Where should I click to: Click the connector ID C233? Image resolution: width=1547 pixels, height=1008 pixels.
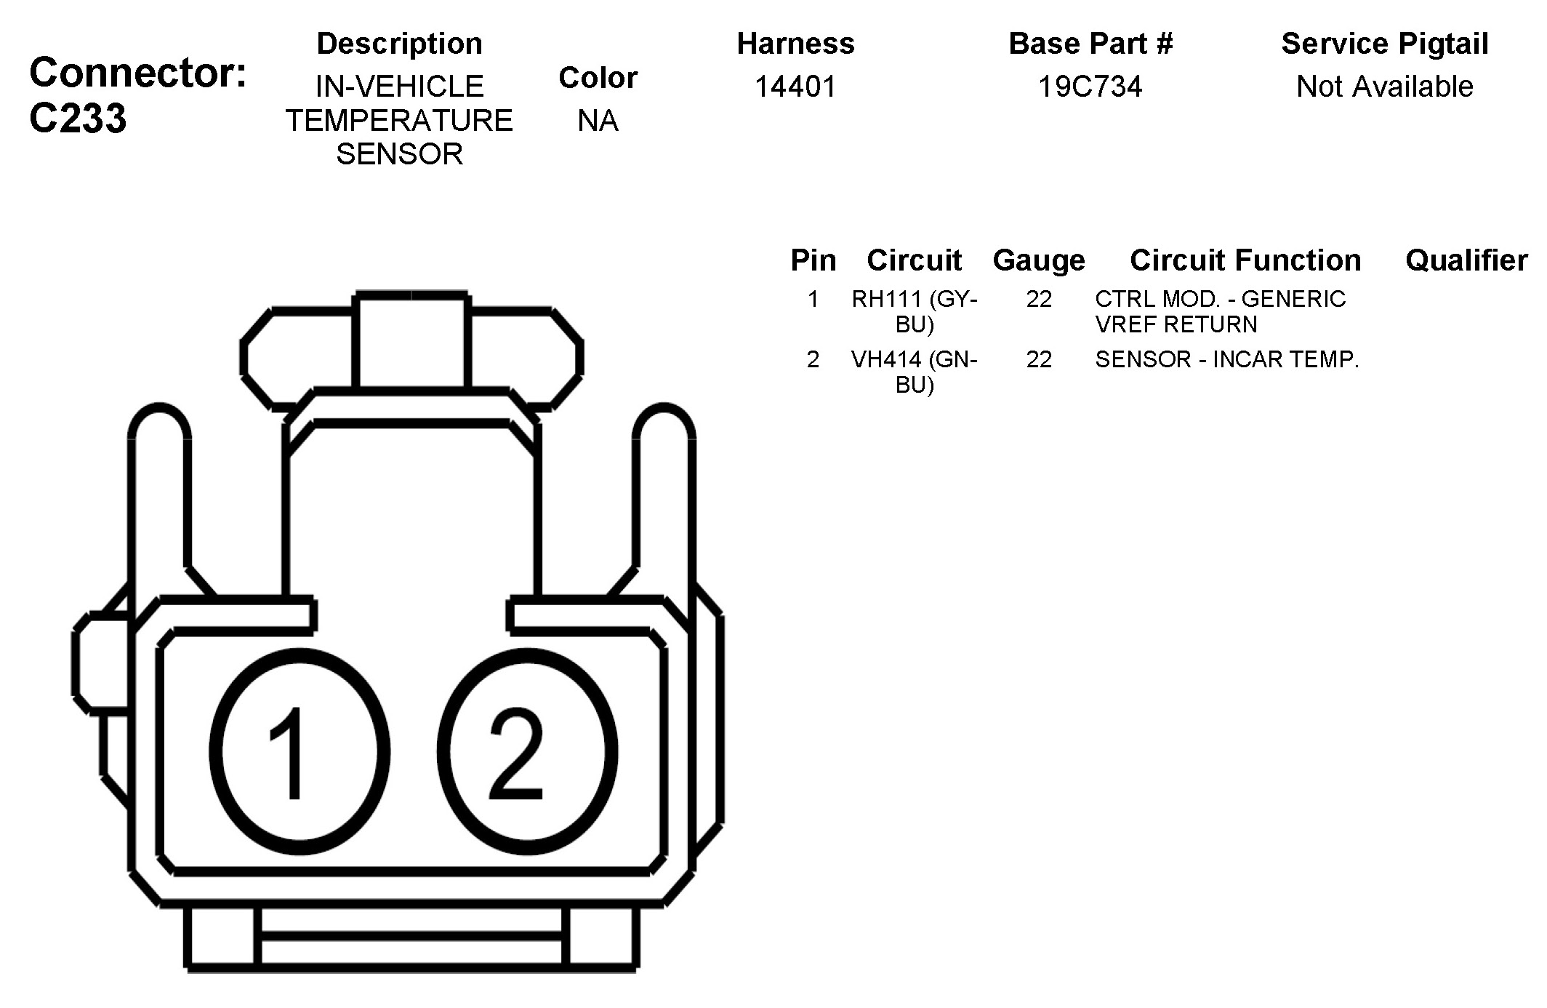(x=78, y=118)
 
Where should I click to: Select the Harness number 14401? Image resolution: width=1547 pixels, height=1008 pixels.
(x=795, y=87)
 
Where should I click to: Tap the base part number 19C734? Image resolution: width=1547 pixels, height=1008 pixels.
(x=1090, y=87)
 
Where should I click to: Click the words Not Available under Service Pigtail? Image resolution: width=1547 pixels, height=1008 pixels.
(x=1385, y=87)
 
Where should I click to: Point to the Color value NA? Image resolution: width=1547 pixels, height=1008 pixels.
(x=598, y=121)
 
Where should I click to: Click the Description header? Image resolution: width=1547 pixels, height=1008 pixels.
(x=400, y=44)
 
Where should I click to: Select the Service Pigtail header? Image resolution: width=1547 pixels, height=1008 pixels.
(x=1385, y=44)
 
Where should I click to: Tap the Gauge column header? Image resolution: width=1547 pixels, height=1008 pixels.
(x=1039, y=260)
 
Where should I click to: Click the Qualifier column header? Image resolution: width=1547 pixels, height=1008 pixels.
(x=1466, y=260)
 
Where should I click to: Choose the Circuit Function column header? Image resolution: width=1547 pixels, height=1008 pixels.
(x=1245, y=260)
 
